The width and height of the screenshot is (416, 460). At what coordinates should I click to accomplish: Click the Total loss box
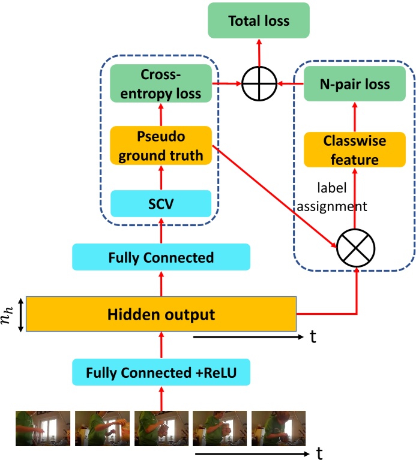click(x=259, y=22)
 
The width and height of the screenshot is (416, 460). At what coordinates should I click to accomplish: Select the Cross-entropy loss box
click(x=161, y=84)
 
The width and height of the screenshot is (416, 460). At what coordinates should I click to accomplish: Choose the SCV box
click(x=161, y=204)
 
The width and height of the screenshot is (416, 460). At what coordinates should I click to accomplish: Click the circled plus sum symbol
click(x=259, y=84)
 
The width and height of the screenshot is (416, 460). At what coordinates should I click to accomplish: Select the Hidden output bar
click(x=161, y=314)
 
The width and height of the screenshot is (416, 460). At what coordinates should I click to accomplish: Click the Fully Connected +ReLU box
click(x=161, y=372)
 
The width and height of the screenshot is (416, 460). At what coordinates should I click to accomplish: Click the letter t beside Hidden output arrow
click(x=313, y=337)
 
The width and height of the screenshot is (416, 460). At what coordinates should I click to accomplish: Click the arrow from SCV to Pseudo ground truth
click(x=161, y=178)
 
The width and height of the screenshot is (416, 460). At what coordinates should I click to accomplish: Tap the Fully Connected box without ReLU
click(x=161, y=257)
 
